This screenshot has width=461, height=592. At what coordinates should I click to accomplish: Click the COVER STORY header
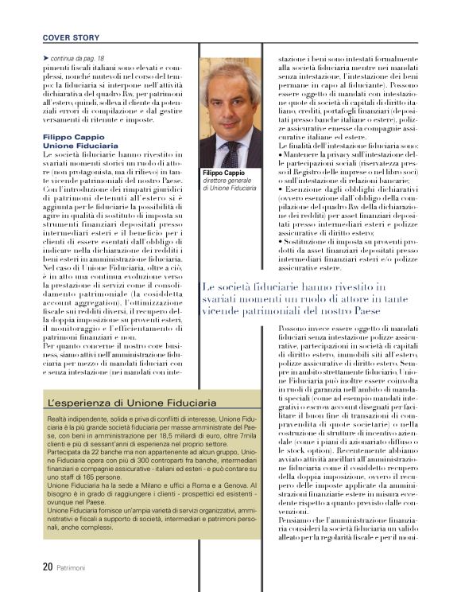pos(71,37)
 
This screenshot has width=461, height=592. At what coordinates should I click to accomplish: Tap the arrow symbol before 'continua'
pos(45,59)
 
